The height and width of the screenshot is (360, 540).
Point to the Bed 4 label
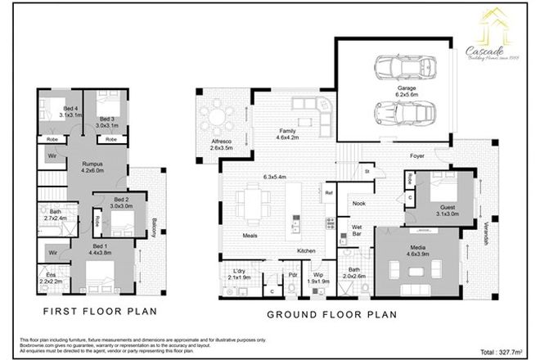(70, 109)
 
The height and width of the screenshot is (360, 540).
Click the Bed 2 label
(122, 200)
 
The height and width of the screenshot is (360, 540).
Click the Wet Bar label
(358, 232)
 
